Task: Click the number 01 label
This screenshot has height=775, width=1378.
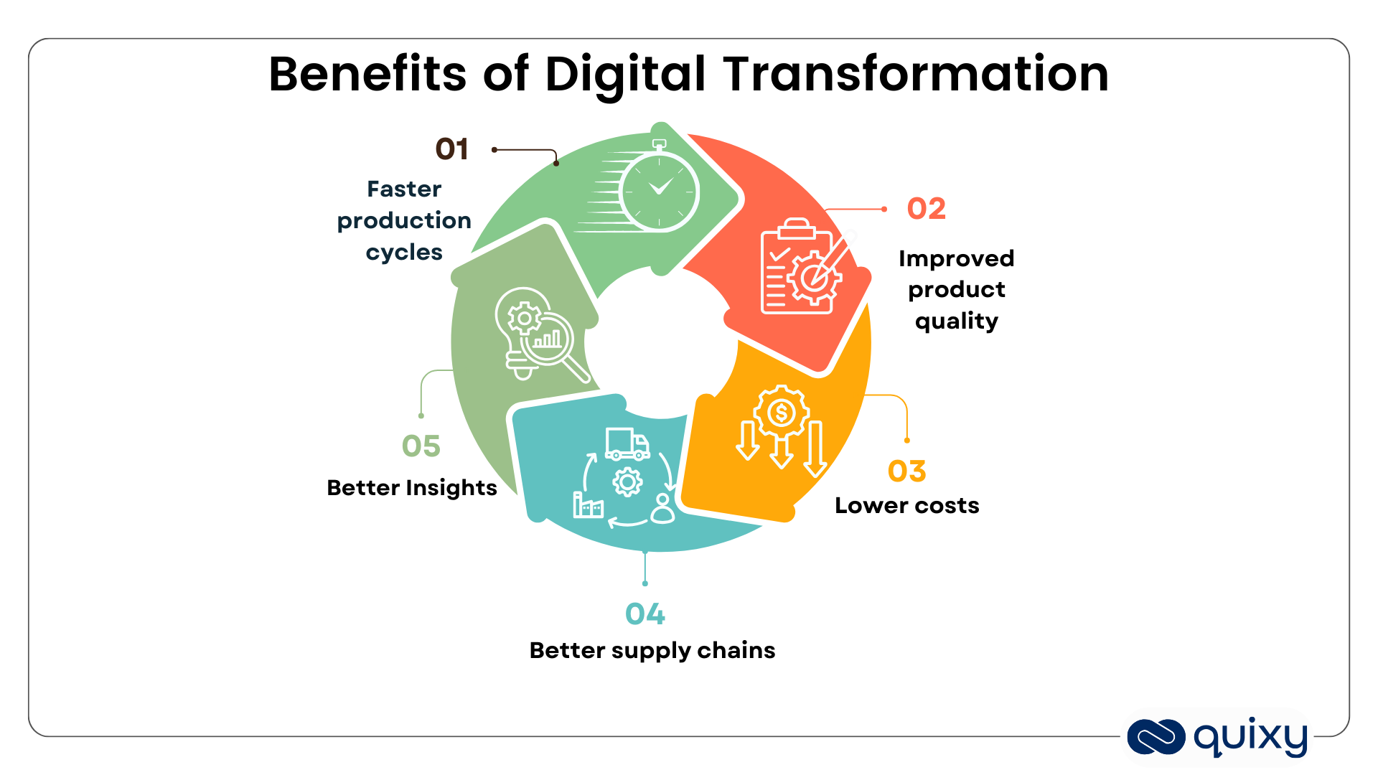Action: coord(451,149)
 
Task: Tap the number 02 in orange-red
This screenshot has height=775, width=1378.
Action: coord(926,209)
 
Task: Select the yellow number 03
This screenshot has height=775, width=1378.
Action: coord(906,471)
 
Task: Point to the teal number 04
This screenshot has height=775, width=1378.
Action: coord(645,614)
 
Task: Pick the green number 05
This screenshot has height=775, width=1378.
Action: coord(421,446)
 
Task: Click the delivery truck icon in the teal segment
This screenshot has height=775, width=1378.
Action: coord(627,444)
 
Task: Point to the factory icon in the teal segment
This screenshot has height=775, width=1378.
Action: coord(588,505)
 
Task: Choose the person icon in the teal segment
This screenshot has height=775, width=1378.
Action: coord(662,509)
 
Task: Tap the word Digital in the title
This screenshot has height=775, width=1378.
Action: coord(625,75)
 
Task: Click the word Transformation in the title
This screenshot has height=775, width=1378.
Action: coord(915,75)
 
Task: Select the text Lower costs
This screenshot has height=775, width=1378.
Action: coord(906,506)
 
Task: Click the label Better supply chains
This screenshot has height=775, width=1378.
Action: coord(652,650)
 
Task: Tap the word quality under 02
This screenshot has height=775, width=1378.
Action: coord(956,321)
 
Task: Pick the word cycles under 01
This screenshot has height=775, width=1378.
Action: coord(404,253)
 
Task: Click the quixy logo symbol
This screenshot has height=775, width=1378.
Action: coord(1156,737)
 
